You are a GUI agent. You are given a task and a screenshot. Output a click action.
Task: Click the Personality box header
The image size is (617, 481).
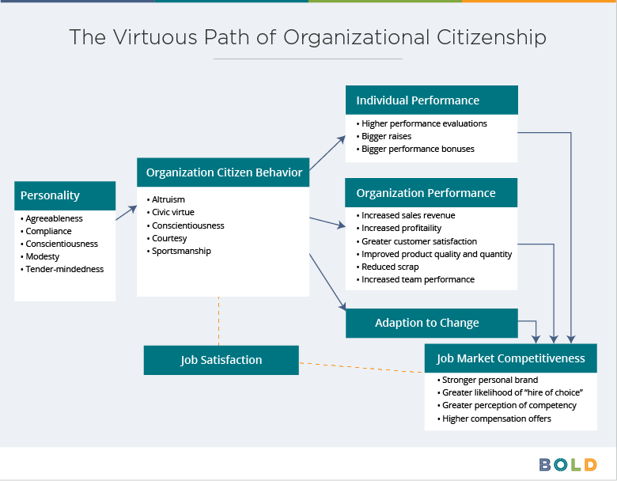pos(65,195)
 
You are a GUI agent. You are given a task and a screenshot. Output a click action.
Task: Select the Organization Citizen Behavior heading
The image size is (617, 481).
pos(223,172)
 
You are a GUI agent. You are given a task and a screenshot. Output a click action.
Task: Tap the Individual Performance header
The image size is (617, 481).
pos(432,100)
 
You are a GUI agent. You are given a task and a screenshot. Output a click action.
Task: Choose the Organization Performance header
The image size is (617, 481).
pos(431,192)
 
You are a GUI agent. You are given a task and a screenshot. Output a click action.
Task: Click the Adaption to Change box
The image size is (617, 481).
pos(432,323)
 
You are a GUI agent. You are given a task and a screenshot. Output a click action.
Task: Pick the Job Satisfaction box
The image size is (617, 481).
pos(221,360)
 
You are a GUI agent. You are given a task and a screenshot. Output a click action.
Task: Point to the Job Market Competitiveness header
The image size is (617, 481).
pos(511,358)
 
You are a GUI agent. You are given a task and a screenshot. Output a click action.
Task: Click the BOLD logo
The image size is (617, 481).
pos(568,465)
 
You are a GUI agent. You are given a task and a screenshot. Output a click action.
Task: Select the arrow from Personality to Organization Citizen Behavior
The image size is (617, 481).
pos(127,213)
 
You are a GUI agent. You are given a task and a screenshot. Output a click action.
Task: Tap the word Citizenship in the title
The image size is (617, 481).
pos(491,38)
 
